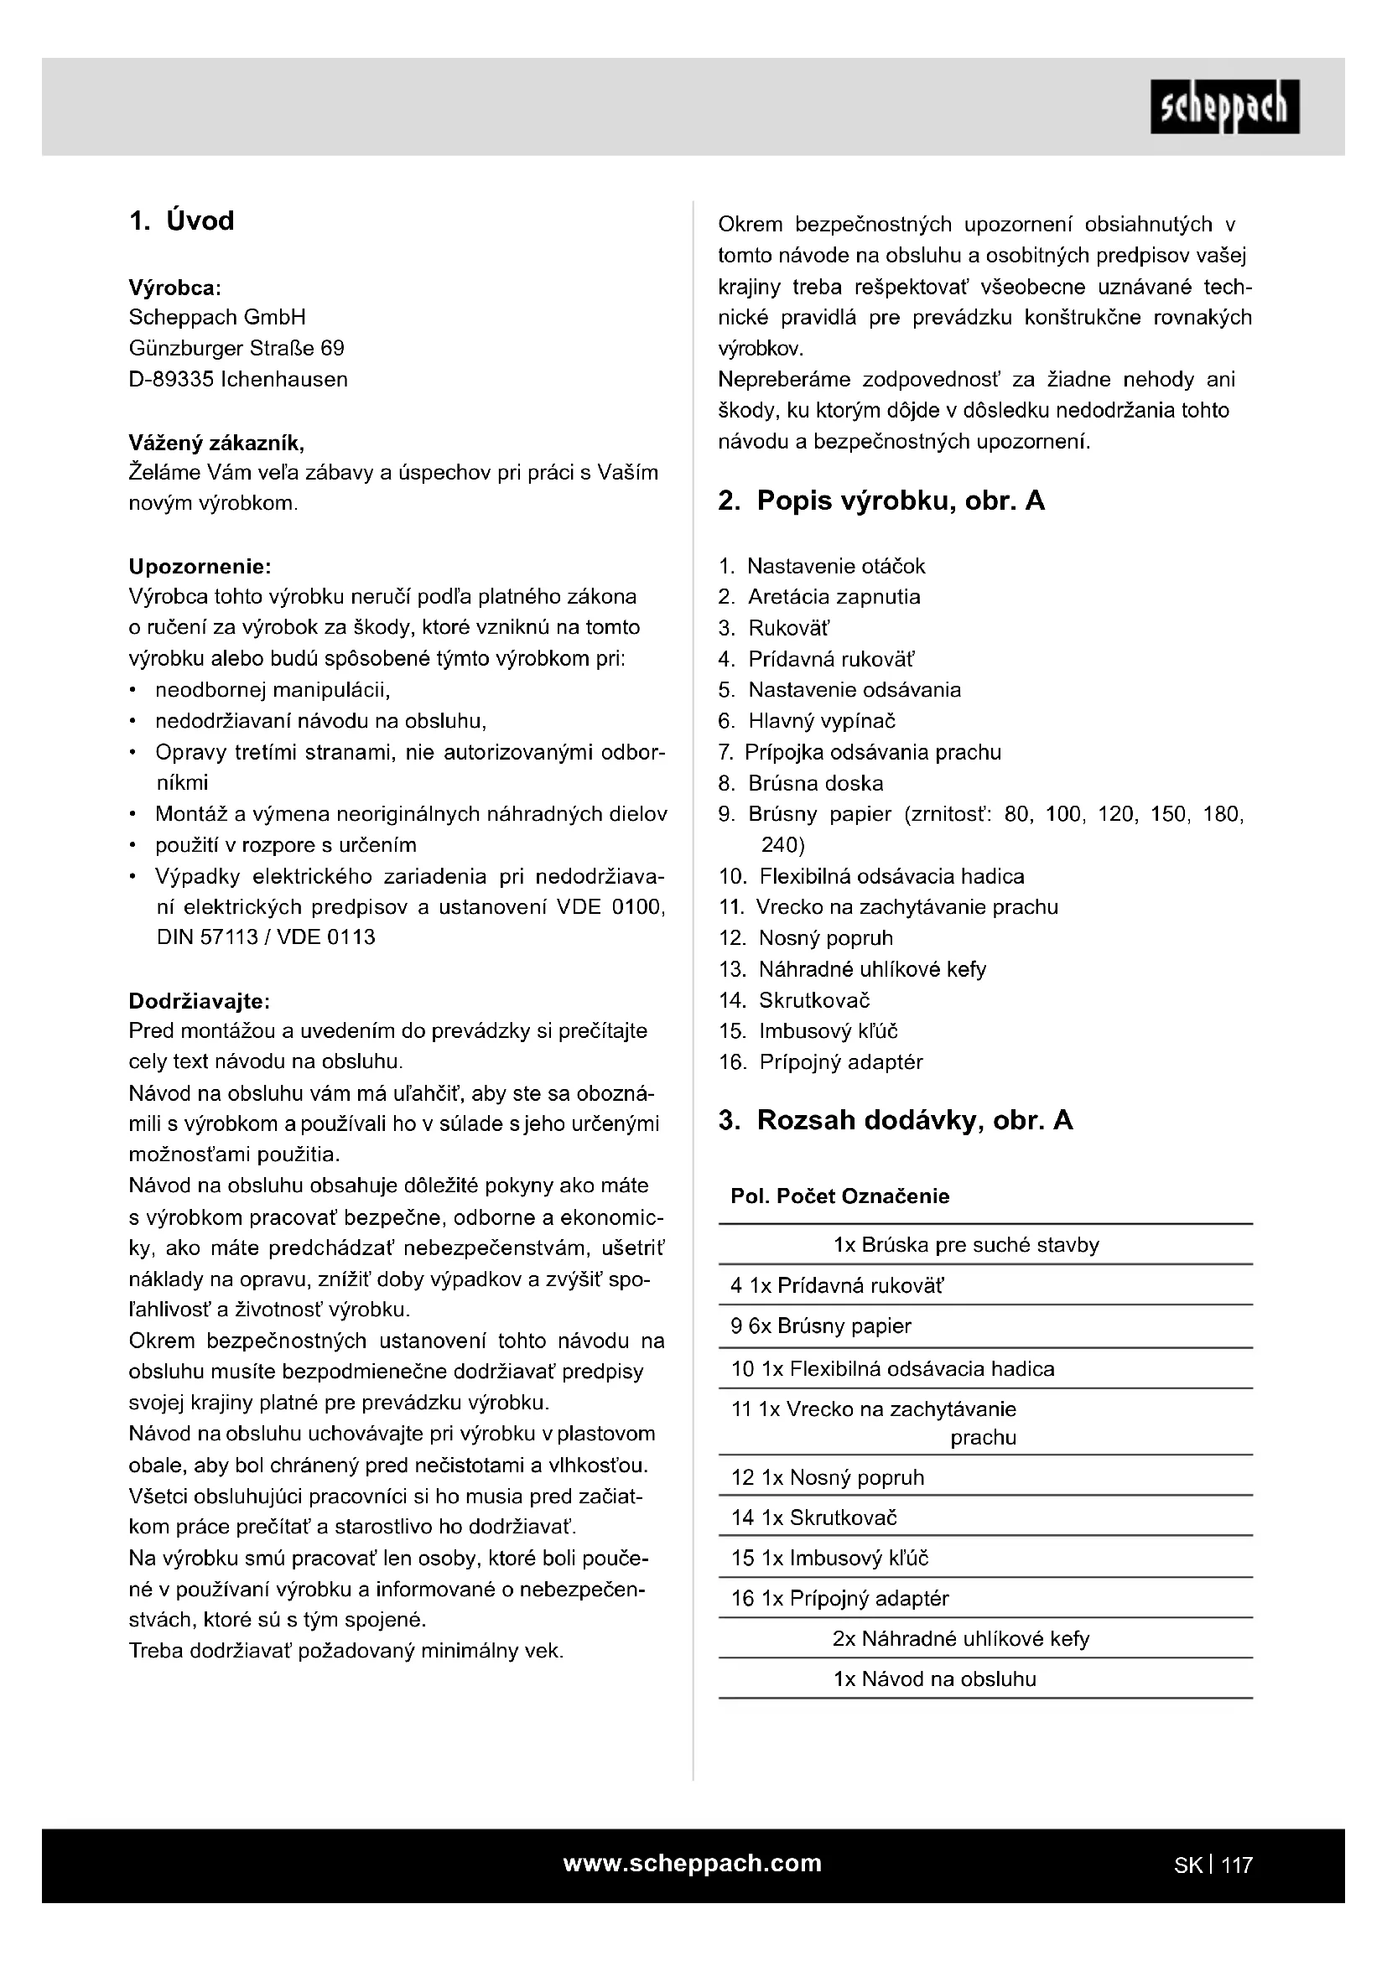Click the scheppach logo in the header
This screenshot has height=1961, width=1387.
point(1223,106)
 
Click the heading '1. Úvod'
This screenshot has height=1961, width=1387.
point(181,221)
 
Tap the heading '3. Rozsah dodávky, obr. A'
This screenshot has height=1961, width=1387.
point(895,1121)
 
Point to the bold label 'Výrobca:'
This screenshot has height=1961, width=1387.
point(175,287)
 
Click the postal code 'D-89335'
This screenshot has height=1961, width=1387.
point(171,379)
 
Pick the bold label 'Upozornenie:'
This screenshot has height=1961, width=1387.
point(200,566)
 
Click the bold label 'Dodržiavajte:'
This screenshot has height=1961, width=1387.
point(199,1000)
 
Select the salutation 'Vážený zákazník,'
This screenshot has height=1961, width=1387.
point(216,443)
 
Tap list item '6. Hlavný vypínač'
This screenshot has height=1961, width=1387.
point(807,721)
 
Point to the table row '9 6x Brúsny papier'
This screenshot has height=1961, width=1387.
point(821,1326)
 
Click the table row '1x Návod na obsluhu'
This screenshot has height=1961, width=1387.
point(934,1679)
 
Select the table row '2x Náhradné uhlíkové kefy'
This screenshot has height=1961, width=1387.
point(961,1639)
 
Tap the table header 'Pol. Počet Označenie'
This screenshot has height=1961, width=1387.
point(839,1196)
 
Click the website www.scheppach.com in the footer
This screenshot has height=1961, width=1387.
point(692,1864)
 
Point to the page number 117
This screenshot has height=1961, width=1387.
point(1237,1865)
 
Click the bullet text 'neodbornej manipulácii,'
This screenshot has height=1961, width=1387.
point(273,690)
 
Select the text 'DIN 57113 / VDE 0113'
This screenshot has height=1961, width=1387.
point(266,937)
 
